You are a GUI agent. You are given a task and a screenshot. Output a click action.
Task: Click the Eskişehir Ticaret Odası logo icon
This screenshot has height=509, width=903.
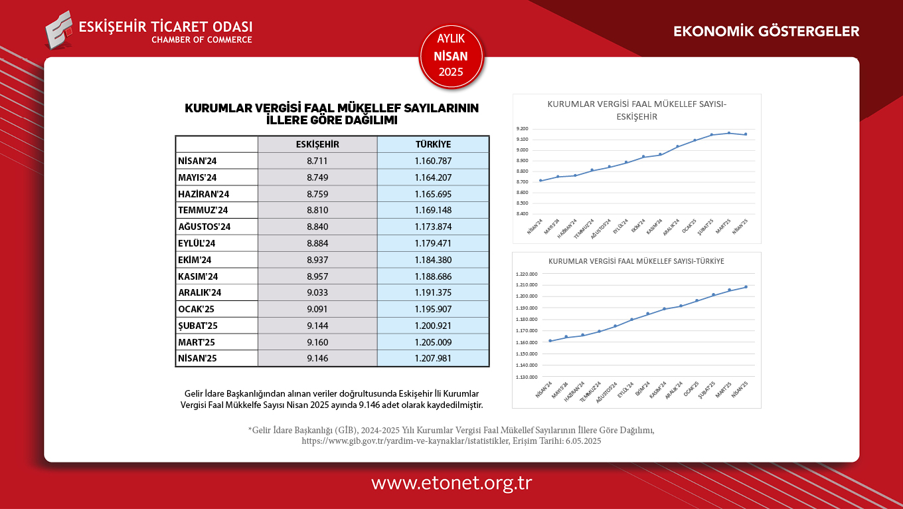coord(59,29)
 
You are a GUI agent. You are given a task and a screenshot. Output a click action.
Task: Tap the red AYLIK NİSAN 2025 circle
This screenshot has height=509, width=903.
coord(451,56)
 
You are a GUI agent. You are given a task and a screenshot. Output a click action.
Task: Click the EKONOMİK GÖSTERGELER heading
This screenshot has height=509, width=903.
coord(766,31)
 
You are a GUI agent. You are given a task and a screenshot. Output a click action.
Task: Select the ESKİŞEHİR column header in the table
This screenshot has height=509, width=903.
coord(317,144)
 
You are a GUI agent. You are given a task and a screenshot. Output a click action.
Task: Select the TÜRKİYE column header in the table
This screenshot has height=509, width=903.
coord(433,144)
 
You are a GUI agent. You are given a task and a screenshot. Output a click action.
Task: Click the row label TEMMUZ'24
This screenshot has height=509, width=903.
coord(203,210)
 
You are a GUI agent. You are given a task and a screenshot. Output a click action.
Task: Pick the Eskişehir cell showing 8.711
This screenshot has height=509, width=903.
coord(317,161)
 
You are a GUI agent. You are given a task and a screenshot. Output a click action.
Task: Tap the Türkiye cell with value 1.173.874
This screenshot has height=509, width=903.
coord(433,227)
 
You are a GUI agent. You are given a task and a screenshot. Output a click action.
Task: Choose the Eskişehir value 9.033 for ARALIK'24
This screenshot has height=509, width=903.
coord(317,292)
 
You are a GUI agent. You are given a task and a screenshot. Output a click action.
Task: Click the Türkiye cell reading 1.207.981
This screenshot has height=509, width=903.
coord(433,358)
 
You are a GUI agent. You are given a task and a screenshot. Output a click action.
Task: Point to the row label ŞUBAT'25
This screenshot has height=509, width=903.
coord(198,326)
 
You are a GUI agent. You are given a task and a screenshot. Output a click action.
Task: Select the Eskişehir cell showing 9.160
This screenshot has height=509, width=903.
coord(317,342)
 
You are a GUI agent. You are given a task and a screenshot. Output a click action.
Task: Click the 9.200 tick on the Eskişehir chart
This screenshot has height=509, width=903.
coord(522,129)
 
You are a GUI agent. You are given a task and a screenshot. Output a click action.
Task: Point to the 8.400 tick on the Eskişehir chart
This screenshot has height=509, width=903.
coord(522,214)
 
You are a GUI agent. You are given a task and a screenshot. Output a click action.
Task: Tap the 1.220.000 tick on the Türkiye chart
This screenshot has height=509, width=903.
coord(525,274)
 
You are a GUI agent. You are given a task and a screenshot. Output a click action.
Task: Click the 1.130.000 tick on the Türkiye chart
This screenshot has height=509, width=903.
coord(525,377)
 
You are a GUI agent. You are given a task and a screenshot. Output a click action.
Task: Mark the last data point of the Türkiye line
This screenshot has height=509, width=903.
coord(746,287)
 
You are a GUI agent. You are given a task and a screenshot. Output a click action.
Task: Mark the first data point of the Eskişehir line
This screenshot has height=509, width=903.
coord(540,181)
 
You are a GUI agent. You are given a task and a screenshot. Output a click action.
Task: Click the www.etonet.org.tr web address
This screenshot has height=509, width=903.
coord(451,483)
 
